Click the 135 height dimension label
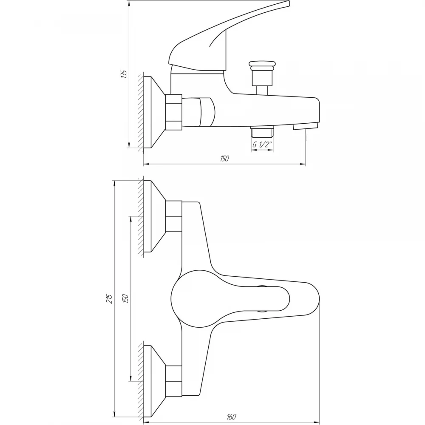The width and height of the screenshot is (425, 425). click(124, 74)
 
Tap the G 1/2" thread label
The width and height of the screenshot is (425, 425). click(262, 145)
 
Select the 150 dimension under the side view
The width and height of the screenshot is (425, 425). click(224, 159)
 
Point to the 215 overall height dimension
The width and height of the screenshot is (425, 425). click(109, 298)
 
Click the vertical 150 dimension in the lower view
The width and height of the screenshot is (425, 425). click(125, 298)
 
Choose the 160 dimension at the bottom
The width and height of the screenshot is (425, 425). click(231, 416)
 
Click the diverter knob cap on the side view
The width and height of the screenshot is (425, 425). click(262, 64)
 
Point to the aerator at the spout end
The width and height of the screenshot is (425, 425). click(306, 126)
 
